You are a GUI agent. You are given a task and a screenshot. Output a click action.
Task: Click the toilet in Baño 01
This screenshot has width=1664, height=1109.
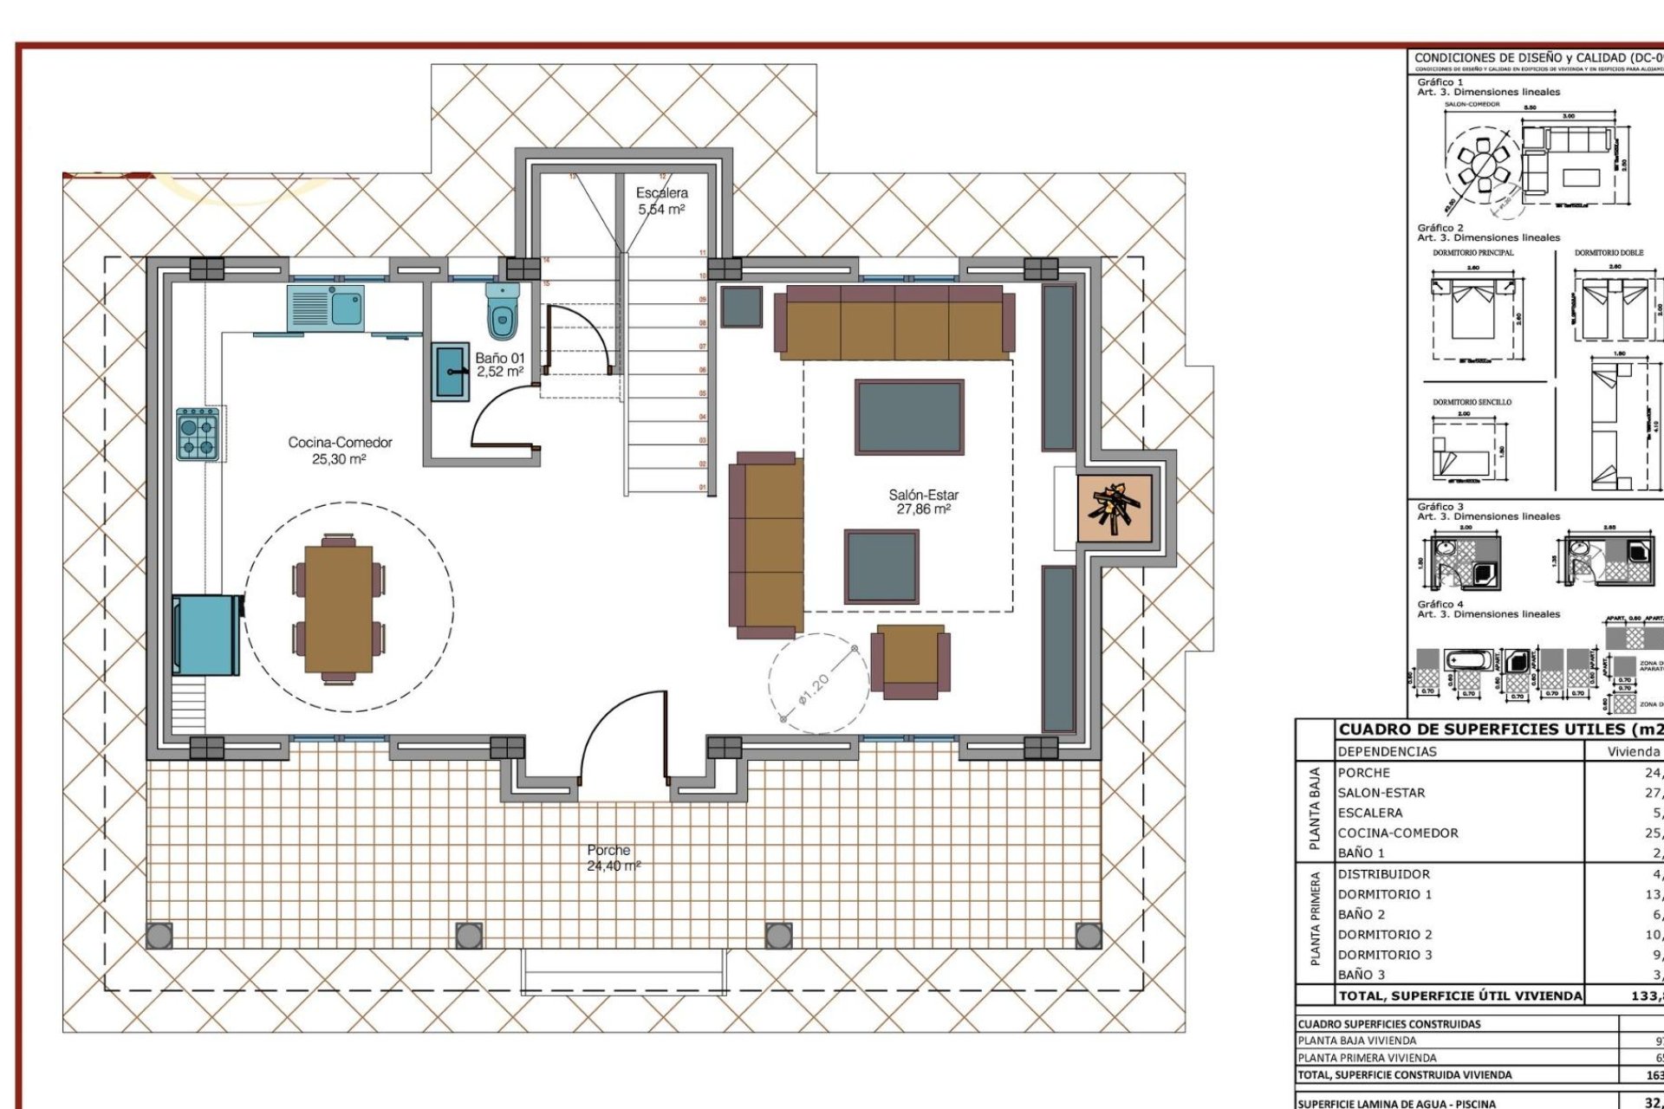tap(502, 310)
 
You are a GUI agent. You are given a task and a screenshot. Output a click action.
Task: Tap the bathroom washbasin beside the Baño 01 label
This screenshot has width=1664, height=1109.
tap(451, 372)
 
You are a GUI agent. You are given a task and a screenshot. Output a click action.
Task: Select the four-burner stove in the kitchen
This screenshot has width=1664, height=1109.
tap(197, 435)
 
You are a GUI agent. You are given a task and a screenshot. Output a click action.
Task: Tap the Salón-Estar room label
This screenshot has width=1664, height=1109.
tap(923, 502)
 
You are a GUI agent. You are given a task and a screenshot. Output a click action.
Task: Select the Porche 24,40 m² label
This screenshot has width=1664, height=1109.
tap(612, 858)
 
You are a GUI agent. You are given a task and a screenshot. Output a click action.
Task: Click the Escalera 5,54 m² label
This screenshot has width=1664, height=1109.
tap(662, 201)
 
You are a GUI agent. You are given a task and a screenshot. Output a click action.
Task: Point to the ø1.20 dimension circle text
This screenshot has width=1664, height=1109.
tap(814, 691)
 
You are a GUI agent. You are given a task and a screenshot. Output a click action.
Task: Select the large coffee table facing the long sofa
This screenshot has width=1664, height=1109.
tap(908, 417)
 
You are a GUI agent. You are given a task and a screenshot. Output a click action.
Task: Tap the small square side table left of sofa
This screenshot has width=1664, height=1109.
tap(741, 306)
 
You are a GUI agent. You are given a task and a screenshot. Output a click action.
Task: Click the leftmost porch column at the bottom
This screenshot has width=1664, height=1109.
tap(159, 936)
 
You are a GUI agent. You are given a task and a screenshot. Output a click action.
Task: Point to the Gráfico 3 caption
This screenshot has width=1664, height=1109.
tap(1440, 507)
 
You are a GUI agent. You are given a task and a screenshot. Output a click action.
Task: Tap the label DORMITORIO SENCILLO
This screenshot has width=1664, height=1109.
tap(1472, 402)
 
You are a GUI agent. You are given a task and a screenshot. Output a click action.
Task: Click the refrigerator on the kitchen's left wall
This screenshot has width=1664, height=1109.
tap(207, 634)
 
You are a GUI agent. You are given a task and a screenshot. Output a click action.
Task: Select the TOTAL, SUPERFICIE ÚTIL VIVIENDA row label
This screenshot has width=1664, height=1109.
tap(1459, 996)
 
